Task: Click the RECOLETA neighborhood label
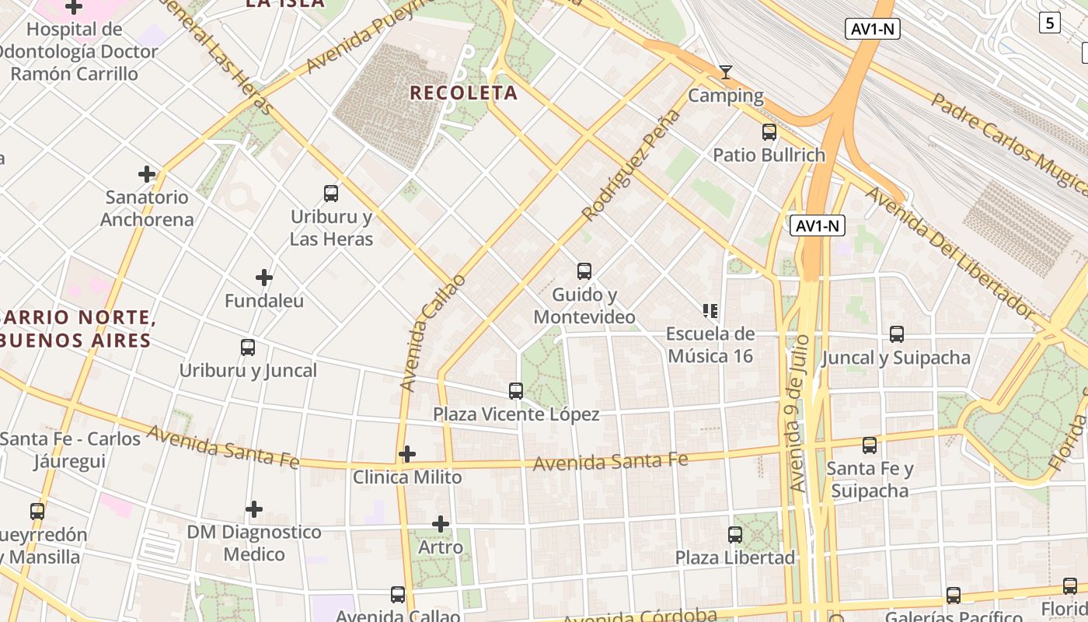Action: tap(463, 93)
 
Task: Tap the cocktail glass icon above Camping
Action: tap(726, 72)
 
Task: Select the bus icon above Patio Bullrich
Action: tap(769, 132)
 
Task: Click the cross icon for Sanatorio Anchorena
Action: tap(146, 174)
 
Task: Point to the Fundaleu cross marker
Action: tap(264, 278)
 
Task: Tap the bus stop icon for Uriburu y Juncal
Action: tap(248, 348)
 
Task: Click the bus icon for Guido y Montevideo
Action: tap(584, 271)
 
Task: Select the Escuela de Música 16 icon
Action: tap(710, 311)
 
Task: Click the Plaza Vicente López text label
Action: tap(516, 414)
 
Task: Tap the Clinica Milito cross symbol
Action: tap(407, 454)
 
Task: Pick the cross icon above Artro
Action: tap(441, 524)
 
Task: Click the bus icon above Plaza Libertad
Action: tap(735, 535)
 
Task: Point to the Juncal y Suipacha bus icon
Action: tap(897, 334)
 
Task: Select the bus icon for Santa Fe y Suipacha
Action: tap(870, 446)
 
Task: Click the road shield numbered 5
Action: tap(1050, 23)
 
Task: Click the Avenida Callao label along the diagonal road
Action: tap(433, 333)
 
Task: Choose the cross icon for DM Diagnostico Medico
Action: tap(254, 510)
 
